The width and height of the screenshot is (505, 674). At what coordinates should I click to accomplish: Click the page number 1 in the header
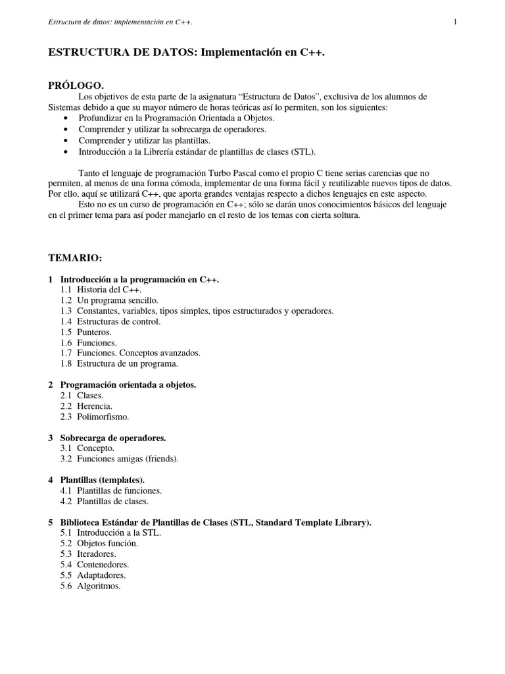coord(455,22)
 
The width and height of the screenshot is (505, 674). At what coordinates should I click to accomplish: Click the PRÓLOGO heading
coord(76,86)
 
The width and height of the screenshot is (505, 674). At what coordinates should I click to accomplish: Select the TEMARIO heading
coord(76,255)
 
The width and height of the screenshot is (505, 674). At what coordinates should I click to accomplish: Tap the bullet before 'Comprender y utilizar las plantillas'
coord(68,141)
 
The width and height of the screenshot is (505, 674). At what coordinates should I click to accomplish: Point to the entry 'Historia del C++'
coord(108,290)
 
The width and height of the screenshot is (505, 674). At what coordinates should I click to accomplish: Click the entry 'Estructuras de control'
coord(118,321)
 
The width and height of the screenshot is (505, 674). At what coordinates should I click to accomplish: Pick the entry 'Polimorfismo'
coord(103,416)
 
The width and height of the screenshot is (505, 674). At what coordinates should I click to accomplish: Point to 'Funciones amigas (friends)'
coord(128,458)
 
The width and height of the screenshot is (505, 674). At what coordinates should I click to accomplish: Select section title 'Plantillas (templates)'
coord(103,479)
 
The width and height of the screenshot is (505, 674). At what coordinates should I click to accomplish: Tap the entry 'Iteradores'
coord(97,554)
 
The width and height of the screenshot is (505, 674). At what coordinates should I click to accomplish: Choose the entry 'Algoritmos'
coord(99,585)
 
